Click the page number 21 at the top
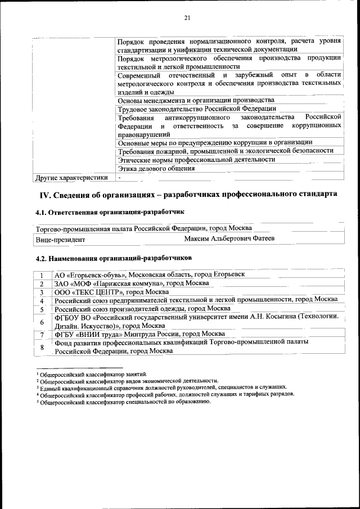click(187, 19)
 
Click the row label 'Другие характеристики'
click(71, 178)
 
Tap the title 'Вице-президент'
click(60, 240)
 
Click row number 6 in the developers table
click(42, 322)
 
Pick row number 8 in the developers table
click(42, 347)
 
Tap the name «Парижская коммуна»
click(129, 283)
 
